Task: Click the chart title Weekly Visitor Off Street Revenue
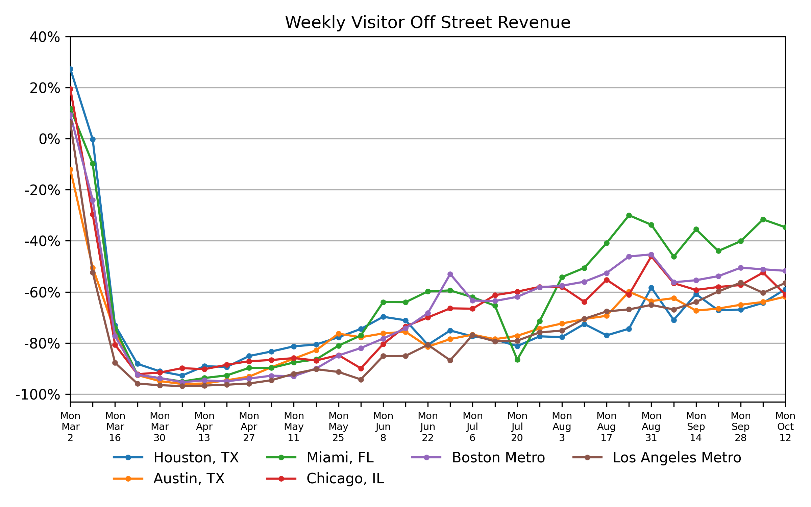427,23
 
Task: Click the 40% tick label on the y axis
45,37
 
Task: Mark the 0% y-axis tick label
49,139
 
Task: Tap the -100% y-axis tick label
38,395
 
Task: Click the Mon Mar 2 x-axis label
70,427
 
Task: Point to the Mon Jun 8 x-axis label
383,427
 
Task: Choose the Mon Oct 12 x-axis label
785,427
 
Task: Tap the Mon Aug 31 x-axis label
651,427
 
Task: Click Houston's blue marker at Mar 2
71,69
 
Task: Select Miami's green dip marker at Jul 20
517,360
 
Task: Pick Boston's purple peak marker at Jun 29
450,274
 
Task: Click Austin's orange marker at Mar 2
71,170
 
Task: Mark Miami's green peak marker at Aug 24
629,215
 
